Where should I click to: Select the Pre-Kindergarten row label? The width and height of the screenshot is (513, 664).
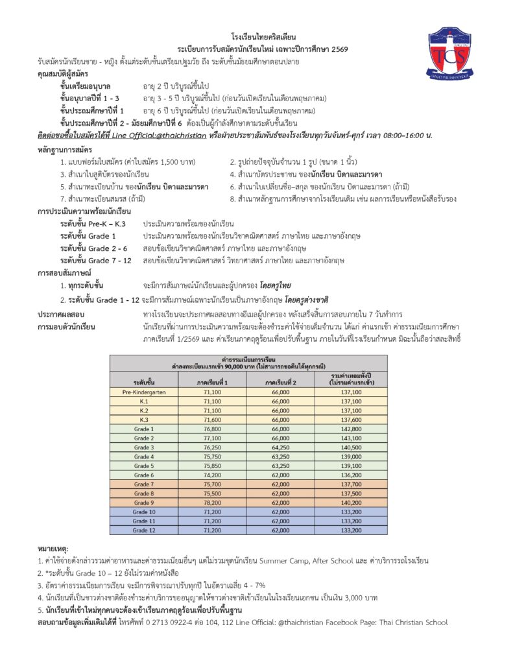click(x=144, y=392)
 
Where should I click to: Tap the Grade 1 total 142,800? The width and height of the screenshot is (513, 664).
click(x=350, y=429)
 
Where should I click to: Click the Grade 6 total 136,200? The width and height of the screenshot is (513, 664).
click(x=350, y=475)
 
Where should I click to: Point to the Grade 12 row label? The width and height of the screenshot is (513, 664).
click(x=144, y=530)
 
